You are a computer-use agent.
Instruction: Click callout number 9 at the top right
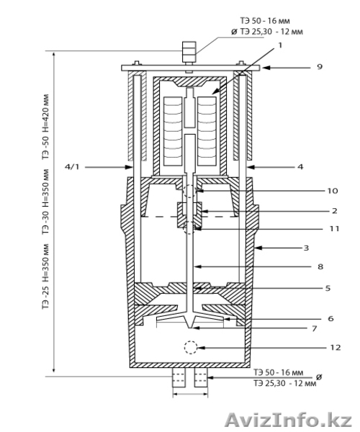coord(320,67)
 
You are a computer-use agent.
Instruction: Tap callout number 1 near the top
coord(280,45)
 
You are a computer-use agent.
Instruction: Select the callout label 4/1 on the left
coord(72,167)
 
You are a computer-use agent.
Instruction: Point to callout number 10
coord(333,191)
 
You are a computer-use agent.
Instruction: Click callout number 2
coord(334,211)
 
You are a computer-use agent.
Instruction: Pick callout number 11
coord(334,229)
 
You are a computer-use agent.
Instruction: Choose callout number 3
coord(306,248)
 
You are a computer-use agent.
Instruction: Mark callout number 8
coord(320,266)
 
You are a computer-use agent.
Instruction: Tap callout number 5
coord(328,289)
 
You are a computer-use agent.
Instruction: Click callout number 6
coord(330,319)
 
